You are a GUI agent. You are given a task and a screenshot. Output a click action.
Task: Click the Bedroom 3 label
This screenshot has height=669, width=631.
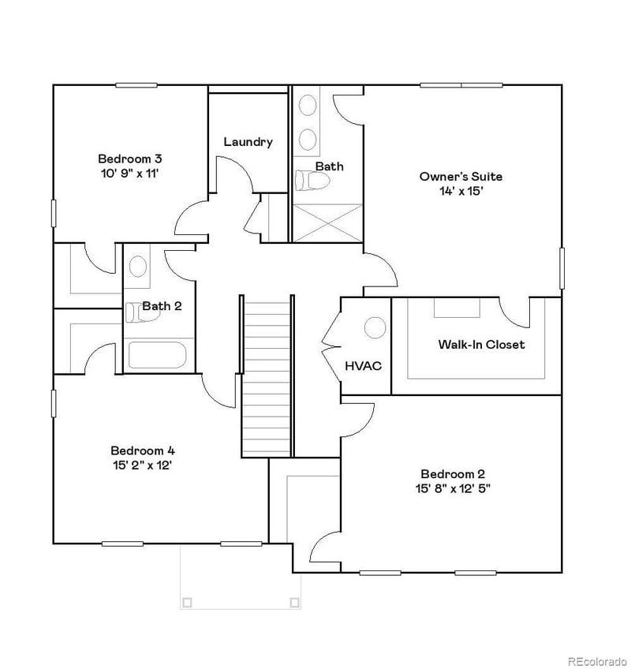coord(130,158)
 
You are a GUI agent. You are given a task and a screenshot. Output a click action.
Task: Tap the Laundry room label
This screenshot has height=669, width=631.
coord(248,142)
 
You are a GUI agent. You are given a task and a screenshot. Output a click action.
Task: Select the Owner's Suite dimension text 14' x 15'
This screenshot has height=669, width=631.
coord(461,191)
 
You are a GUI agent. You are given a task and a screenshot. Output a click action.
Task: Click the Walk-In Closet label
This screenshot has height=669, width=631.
coord(481,345)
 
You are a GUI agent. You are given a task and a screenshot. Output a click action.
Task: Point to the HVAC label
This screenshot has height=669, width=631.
coord(364,366)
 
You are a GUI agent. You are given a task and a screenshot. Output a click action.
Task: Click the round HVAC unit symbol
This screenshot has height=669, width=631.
coord(375,327)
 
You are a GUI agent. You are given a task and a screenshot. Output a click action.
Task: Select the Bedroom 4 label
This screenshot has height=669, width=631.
coord(143,450)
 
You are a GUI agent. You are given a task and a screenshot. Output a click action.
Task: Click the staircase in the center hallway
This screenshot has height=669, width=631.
coord(267,375)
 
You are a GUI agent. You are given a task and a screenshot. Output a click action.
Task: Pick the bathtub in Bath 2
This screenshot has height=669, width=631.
coord(158,354)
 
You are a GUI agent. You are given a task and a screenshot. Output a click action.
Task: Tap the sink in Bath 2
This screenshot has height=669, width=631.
coord(139,266)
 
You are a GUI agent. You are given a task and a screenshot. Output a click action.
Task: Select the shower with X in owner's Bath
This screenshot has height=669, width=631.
coord(327,222)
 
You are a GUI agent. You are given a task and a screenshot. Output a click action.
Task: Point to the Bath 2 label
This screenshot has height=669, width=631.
coord(162,306)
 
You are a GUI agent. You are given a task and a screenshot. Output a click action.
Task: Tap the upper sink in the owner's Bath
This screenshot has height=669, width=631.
coord(308,105)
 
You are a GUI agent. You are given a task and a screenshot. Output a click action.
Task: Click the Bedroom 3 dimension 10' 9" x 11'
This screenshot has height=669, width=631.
coord(130,174)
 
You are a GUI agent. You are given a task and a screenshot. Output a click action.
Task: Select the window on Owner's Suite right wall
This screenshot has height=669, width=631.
coord(562,268)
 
